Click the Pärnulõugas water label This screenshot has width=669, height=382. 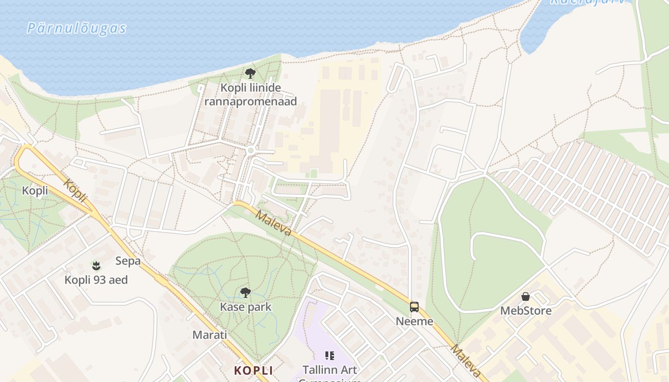76,28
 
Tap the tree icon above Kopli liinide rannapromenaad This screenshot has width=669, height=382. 250,74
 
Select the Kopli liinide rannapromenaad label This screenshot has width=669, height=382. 250,95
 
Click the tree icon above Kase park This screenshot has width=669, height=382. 246,292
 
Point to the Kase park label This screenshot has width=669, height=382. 246,307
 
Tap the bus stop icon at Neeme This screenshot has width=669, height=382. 414,307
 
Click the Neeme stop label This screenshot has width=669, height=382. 414,321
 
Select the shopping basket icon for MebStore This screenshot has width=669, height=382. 526,297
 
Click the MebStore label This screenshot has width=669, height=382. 526,311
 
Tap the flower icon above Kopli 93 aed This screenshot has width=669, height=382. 96,265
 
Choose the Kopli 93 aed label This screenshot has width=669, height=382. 96,280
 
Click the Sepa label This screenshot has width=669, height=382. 128,261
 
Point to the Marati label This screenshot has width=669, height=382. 210,335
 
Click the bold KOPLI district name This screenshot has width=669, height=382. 253,371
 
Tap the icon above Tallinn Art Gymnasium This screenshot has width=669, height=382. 330,355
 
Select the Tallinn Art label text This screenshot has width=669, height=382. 330,370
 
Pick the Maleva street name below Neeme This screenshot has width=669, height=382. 466,361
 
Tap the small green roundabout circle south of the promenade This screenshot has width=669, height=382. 250,150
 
